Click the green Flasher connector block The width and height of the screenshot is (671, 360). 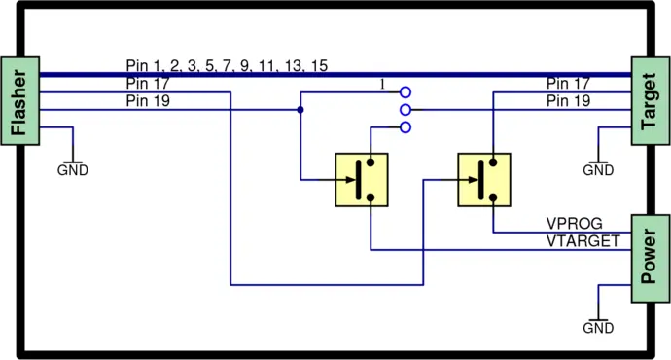click(19, 101)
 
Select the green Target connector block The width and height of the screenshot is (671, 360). click(650, 101)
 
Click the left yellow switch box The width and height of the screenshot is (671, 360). click(361, 179)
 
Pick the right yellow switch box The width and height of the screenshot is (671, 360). click(484, 179)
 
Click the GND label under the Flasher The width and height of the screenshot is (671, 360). click(73, 170)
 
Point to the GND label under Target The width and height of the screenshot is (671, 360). click(598, 170)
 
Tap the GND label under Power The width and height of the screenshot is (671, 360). click(598, 328)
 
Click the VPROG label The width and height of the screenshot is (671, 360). click(575, 224)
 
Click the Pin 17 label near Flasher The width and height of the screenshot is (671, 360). click(148, 84)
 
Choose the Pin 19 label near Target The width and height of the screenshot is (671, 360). click(568, 100)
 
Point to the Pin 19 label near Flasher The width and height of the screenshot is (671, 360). click(148, 100)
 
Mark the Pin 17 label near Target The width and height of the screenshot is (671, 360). click(568, 84)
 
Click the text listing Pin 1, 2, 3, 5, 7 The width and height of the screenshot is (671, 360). click(227, 66)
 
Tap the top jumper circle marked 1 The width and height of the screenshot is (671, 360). click(406, 93)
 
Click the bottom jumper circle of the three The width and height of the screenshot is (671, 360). click(406, 127)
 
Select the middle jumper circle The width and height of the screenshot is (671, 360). click(406, 110)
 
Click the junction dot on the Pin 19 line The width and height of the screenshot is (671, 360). click(300, 110)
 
